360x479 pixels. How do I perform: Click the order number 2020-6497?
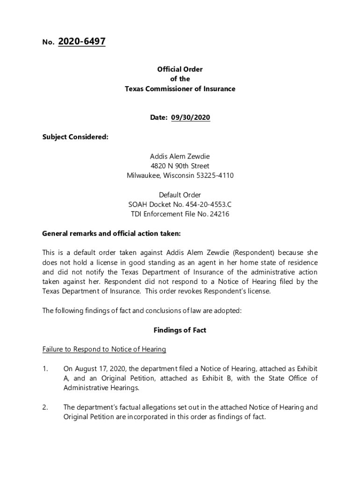click(82, 42)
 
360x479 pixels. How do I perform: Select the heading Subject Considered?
click(75, 137)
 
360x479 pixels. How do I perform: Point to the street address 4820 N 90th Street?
click(180, 166)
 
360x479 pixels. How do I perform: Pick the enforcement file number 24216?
click(220, 214)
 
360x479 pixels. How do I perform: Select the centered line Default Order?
click(180, 195)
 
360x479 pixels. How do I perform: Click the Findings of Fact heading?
click(180, 330)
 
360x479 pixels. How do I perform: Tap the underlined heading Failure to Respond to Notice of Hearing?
click(104, 349)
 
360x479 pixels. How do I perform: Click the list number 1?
click(45, 369)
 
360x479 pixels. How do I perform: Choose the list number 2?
click(45, 407)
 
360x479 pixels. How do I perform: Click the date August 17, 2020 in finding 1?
click(97, 369)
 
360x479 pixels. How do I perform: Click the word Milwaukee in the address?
click(144, 176)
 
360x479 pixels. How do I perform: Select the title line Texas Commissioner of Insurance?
click(180, 89)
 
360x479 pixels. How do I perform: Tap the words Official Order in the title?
click(180, 69)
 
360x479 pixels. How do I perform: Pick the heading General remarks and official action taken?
click(111, 233)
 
